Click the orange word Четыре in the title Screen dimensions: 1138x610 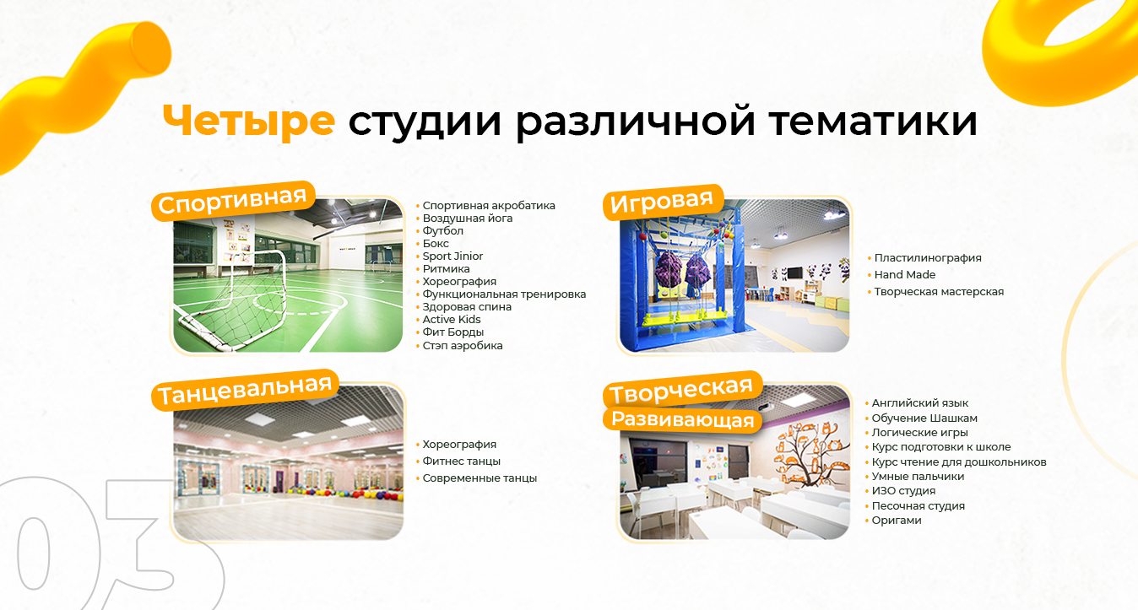click(249, 121)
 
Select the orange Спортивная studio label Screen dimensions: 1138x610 click(233, 200)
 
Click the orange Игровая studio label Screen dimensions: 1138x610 click(662, 202)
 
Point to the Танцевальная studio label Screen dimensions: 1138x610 click(245, 390)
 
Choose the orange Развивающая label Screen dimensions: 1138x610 click(682, 420)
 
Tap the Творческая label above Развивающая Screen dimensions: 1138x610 click(682, 390)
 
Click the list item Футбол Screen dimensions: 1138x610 click(442, 231)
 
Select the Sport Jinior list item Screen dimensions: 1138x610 click(452, 256)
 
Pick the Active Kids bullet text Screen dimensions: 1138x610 click(451, 320)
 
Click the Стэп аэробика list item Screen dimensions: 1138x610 click(463, 346)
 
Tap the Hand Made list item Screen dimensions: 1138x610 click(904, 275)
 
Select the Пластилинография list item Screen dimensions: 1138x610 click(928, 258)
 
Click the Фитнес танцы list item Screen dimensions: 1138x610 click(461, 462)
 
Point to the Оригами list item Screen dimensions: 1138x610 click(897, 521)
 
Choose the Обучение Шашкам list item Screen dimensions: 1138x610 click(924, 418)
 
